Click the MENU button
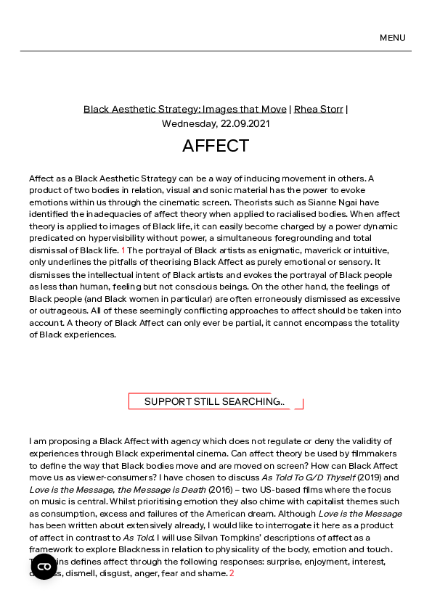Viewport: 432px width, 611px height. pyautogui.click(x=392, y=38)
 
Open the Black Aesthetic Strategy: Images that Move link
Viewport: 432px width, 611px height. pyautogui.click(x=184, y=109)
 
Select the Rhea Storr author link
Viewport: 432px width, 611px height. pyautogui.click(x=318, y=109)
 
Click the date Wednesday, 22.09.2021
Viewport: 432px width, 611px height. pyautogui.click(x=216, y=123)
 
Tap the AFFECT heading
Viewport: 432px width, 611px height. pyautogui.click(x=216, y=146)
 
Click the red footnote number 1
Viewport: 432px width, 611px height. pyautogui.click(x=123, y=250)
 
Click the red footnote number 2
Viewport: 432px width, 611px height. pyautogui.click(x=232, y=573)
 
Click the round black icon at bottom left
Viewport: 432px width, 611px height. pyautogui.click(x=44, y=567)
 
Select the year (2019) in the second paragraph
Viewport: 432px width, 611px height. pyautogui.click(x=370, y=477)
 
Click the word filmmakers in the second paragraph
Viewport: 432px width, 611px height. pyautogui.click(x=368, y=454)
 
